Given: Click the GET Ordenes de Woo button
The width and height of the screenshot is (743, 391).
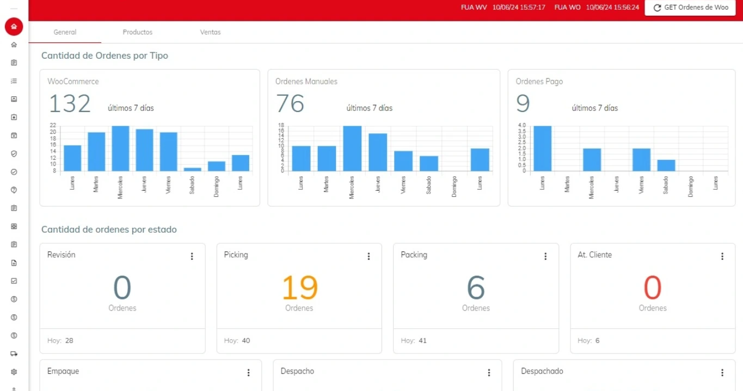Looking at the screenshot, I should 690,8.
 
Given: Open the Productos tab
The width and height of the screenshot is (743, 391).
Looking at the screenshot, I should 137,32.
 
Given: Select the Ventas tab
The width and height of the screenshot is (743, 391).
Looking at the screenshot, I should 210,32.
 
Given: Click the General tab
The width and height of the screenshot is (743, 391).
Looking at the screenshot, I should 65,32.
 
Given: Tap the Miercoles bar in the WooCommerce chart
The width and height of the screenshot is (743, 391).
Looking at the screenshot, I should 120,148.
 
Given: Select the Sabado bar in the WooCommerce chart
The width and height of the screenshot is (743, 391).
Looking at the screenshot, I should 192,169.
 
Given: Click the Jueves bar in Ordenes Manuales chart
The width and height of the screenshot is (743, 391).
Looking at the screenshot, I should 378,152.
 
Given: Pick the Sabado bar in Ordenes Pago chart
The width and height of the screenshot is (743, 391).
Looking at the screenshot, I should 666,165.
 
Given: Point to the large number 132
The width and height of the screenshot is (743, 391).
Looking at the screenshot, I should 70,103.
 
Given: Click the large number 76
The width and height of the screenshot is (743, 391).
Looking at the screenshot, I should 290,103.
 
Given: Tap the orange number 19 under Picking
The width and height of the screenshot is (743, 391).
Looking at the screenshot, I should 299,288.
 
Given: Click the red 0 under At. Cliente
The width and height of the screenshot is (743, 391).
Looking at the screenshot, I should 652,288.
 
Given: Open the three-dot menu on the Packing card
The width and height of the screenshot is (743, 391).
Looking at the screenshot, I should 545,256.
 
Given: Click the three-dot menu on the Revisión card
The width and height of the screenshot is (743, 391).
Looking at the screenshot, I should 192,256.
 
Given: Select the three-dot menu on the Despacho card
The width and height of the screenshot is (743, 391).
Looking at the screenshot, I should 489,373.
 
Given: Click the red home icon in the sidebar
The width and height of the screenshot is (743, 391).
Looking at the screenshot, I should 14,26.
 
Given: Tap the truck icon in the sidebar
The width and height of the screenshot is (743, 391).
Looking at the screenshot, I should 14,353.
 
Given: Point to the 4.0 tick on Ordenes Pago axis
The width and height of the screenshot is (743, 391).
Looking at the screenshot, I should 522,126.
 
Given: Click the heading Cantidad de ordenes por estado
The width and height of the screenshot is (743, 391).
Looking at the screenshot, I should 109,229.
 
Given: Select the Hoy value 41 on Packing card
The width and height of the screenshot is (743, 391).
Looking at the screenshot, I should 422,341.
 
